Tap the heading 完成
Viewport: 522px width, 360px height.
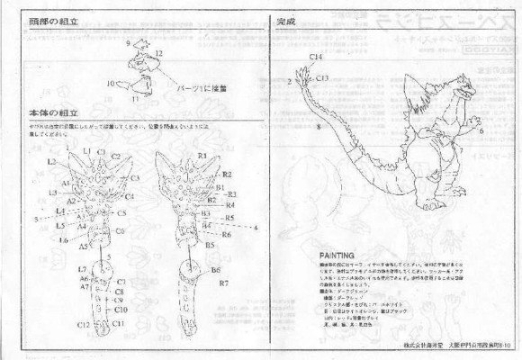pyautogui.click(x=286, y=20)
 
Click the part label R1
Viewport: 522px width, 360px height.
pyautogui.click(x=203, y=156)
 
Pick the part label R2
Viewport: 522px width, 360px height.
pyautogui.click(x=228, y=174)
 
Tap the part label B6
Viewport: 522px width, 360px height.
pyautogui.click(x=216, y=269)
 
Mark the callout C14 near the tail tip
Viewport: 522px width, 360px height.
pyautogui.click(x=316, y=57)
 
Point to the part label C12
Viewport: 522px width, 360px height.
pyautogui.click(x=83, y=324)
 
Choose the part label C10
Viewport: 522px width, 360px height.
pyautogui.click(x=120, y=310)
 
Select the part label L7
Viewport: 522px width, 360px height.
pyautogui.click(x=82, y=270)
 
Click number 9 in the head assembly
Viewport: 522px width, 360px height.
pyautogui.click(x=129, y=43)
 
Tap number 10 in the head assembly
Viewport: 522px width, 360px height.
pyautogui.click(x=112, y=84)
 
